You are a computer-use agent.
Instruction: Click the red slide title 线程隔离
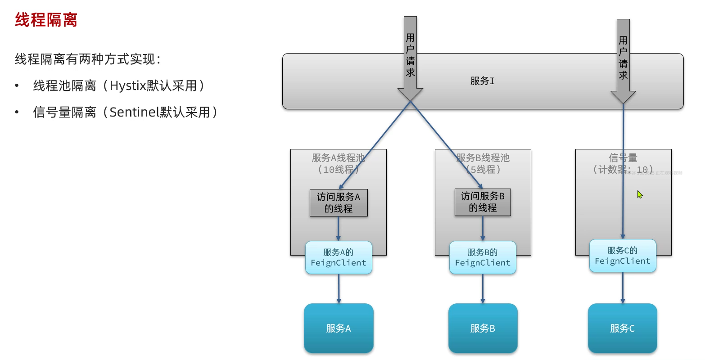pyautogui.click(x=46, y=20)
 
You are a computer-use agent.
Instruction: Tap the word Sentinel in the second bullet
pyautogui.click(x=134, y=112)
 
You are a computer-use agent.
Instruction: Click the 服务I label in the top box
pyautogui.click(x=482, y=81)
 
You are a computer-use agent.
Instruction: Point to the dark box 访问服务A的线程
pyautogui.click(x=339, y=202)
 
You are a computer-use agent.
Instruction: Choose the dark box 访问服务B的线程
pyautogui.click(x=483, y=202)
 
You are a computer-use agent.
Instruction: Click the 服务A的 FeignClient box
pyautogui.click(x=339, y=257)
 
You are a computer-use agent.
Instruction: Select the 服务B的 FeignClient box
pyautogui.click(x=483, y=257)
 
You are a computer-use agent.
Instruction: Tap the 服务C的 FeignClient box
pyautogui.click(x=623, y=256)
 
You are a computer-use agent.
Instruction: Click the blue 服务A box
pyautogui.click(x=339, y=328)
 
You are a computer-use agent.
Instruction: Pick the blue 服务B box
pyautogui.click(x=483, y=328)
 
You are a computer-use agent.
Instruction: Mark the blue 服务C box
pyautogui.click(x=623, y=328)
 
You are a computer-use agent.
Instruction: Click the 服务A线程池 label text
pyautogui.click(x=339, y=158)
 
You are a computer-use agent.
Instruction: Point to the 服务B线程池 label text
pyautogui.click(x=483, y=158)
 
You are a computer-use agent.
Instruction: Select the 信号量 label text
pyautogui.click(x=623, y=158)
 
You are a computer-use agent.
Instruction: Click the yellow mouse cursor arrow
pyautogui.click(x=639, y=194)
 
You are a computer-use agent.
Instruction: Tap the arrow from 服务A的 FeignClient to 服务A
pyautogui.click(x=339, y=288)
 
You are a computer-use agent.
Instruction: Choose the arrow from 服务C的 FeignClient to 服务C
pyautogui.click(x=623, y=288)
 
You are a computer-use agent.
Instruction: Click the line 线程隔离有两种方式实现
pyautogui.click(x=88, y=59)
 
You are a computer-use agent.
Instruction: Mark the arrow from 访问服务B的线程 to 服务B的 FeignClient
pyautogui.click(x=483, y=229)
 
